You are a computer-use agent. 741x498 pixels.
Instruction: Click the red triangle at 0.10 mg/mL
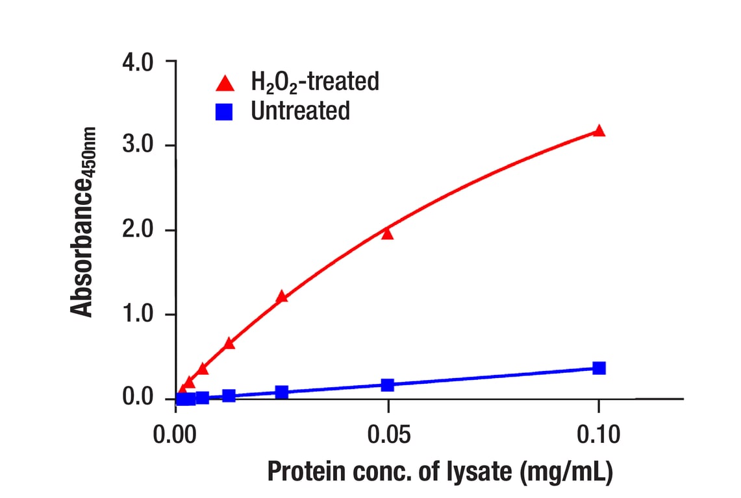599,131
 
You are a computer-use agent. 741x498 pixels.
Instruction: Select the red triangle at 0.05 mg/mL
388,233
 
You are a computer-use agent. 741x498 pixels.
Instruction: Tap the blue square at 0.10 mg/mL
599,368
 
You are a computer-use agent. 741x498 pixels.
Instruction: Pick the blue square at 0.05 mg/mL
388,385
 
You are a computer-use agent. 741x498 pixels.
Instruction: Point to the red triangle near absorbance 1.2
281,297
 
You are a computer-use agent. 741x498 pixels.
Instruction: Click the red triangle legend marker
225,83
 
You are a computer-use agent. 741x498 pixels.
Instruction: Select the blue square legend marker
225,112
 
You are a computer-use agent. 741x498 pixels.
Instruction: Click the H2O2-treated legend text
315,82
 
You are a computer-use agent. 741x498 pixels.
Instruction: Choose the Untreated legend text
300,111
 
